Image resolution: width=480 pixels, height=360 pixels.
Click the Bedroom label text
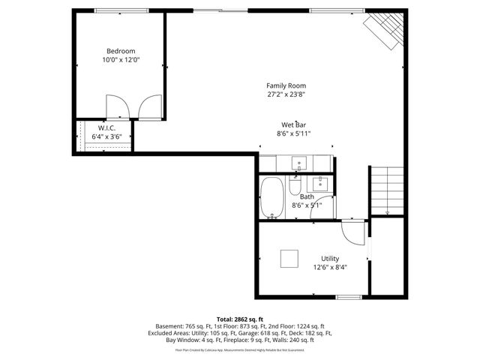[120, 51]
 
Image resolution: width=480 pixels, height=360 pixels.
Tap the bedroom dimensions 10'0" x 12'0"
[120, 60]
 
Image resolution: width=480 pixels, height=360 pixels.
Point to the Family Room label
[286, 85]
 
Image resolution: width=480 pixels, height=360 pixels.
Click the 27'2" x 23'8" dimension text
[286, 94]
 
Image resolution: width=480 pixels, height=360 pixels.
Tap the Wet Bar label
[293, 124]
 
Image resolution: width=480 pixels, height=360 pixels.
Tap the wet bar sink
[298, 163]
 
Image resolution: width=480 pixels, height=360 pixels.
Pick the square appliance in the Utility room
[291, 258]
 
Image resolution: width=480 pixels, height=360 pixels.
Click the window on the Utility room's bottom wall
[348, 297]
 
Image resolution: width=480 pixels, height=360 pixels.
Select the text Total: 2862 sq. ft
[240, 319]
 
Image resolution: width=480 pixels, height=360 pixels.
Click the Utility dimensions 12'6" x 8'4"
[330, 267]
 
